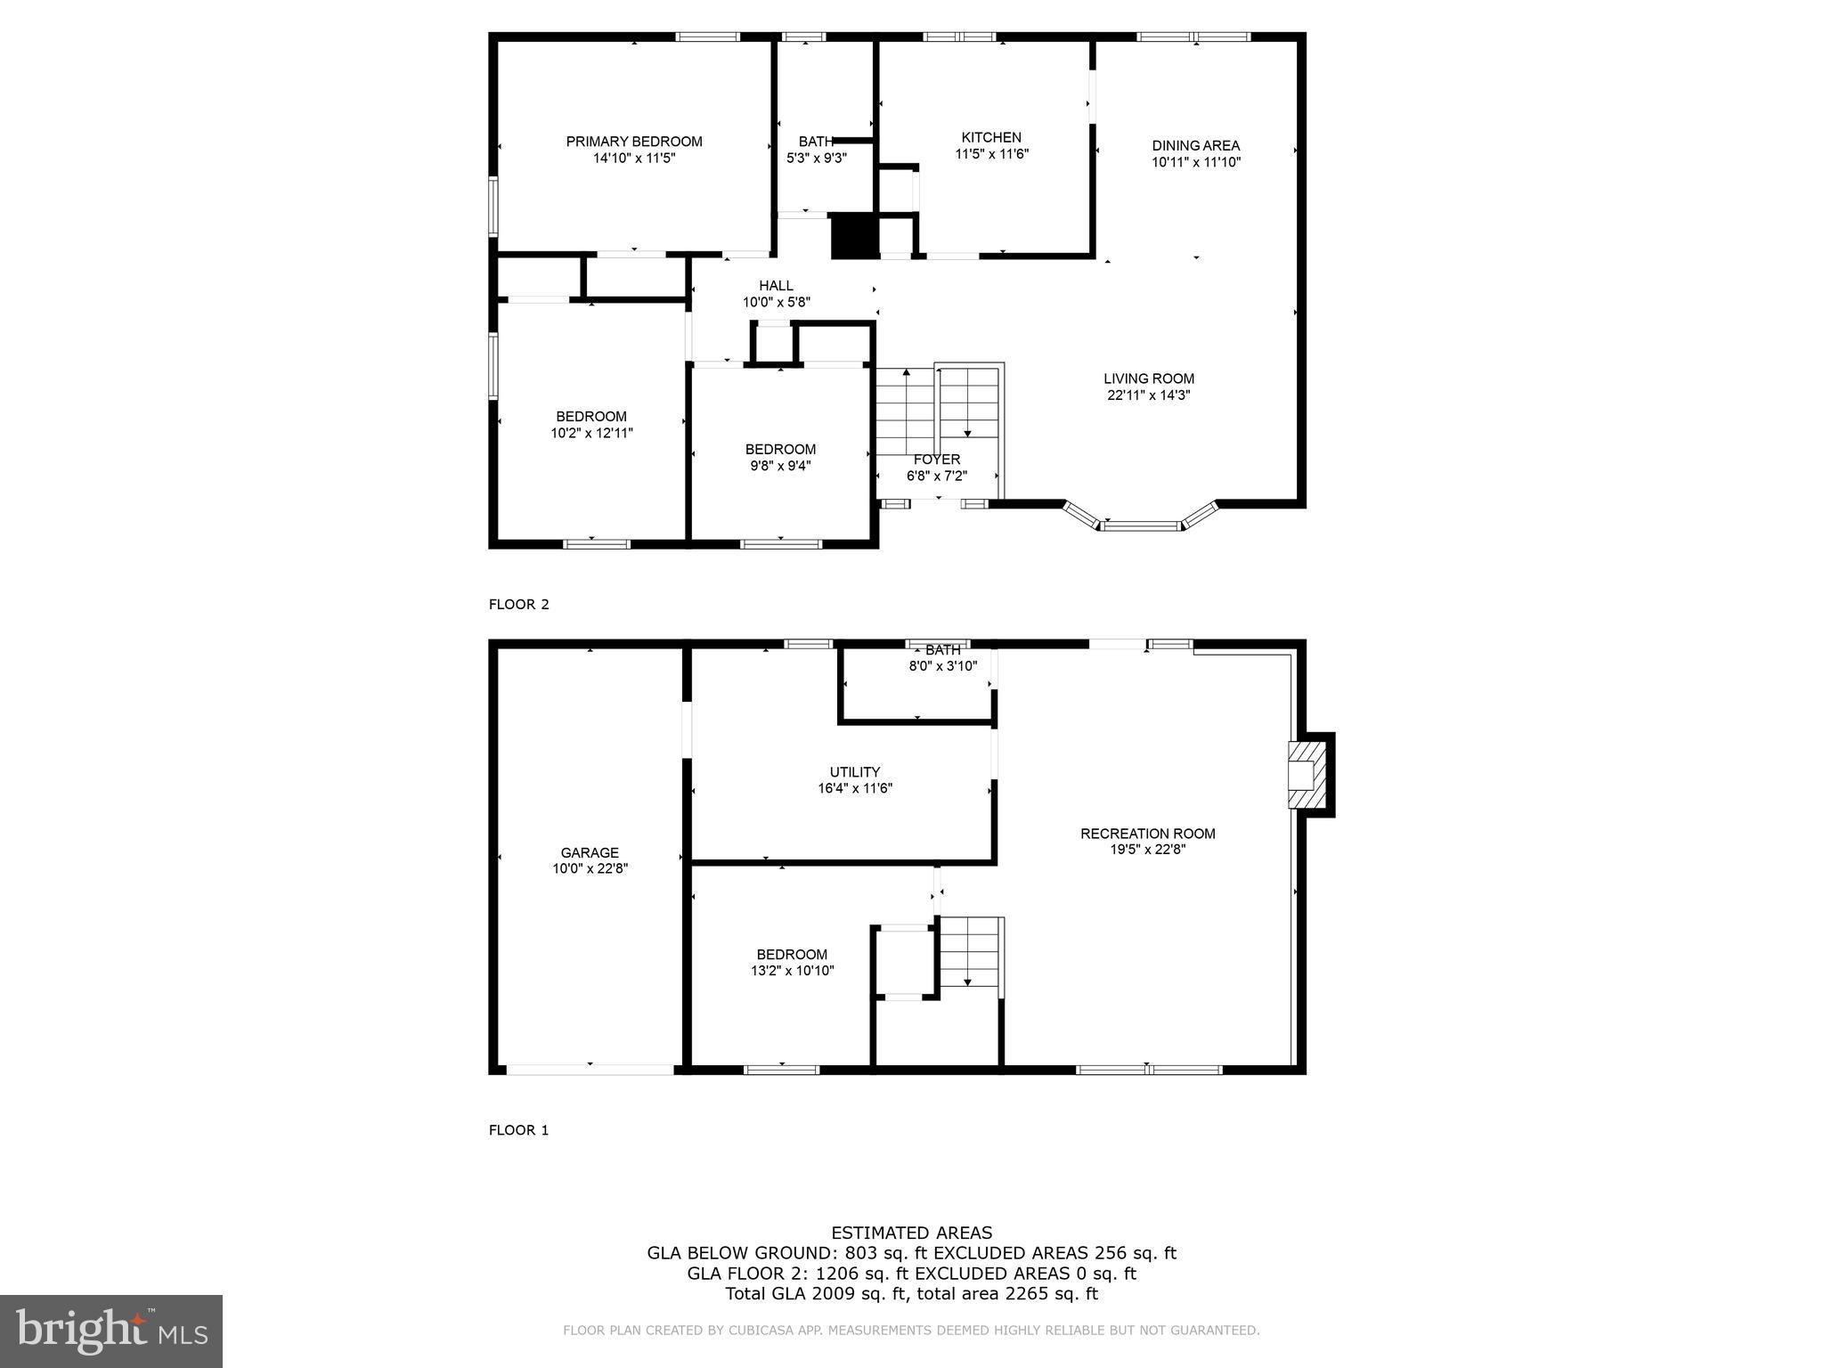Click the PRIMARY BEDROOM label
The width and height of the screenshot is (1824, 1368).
[634, 142]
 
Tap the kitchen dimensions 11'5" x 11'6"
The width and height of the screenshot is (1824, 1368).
[991, 154]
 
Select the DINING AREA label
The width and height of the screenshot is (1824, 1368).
[1195, 146]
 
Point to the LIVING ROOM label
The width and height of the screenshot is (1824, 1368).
[1149, 379]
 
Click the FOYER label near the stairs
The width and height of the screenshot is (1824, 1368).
[937, 460]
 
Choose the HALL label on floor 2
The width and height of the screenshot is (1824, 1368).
[776, 286]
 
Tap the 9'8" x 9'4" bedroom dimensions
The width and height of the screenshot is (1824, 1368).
[780, 465]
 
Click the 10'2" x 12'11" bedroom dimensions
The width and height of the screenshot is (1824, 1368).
[591, 433]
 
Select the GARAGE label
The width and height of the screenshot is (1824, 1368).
[590, 852]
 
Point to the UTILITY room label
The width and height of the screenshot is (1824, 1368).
[855, 772]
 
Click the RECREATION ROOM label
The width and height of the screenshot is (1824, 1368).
[1147, 834]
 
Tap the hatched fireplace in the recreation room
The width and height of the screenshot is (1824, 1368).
[1306, 773]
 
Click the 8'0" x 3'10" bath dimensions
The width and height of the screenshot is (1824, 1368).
[942, 665]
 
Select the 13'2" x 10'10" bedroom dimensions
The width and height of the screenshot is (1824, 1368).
[792, 971]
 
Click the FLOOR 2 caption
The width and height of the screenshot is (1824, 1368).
[519, 605]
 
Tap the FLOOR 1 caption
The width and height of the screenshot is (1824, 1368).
[519, 1130]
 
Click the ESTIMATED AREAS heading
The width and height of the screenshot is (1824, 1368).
[911, 1233]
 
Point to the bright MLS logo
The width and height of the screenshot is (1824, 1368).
[111, 1331]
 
